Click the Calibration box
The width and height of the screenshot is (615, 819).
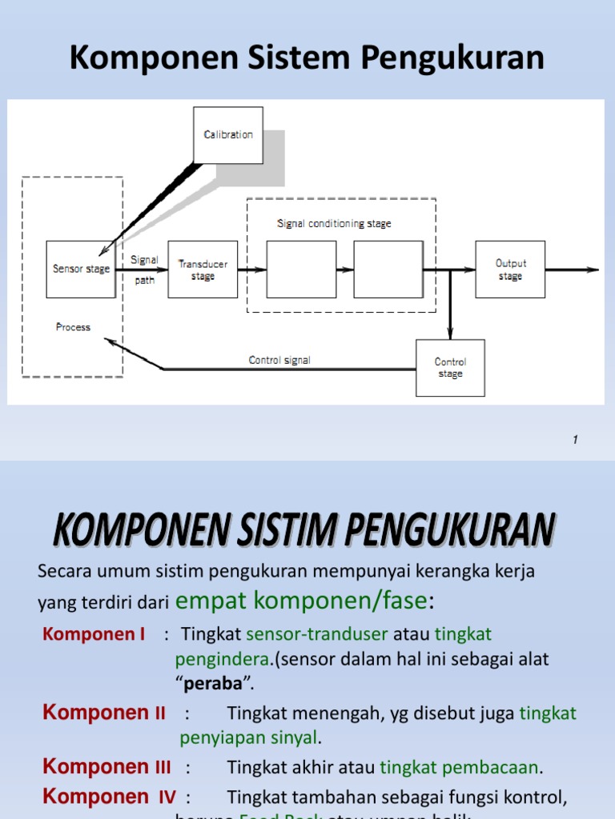pos(228,134)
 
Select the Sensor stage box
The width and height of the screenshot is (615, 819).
pos(81,270)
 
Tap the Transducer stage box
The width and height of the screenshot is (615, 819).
pos(203,270)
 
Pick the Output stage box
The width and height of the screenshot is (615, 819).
pos(510,270)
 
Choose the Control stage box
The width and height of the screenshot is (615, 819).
pos(450,368)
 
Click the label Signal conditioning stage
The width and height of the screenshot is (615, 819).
pos(334,224)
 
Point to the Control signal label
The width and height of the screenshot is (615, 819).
pos(279,361)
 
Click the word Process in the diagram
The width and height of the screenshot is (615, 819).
pos(73,327)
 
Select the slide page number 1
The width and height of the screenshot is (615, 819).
pos(576,439)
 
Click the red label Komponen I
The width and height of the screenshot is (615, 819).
pos(94,634)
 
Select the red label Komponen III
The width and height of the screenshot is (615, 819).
pos(107,767)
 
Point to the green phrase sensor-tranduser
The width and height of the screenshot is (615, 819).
pos(317,634)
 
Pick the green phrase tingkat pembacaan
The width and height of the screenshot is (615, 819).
pos(460,768)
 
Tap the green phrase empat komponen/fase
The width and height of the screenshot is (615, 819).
pos(301,600)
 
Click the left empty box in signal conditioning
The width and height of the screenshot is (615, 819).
pos(302,270)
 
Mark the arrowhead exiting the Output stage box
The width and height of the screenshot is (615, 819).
pos(593,270)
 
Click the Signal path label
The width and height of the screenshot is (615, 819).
pos(144,270)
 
